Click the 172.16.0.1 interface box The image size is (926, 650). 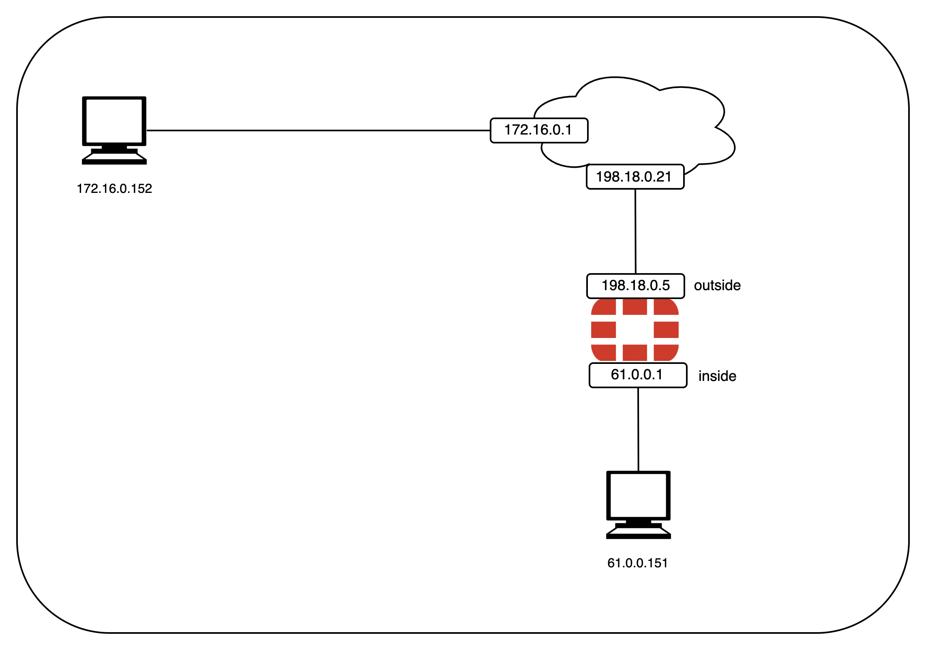click(x=539, y=130)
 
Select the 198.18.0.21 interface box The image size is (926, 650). click(x=635, y=177)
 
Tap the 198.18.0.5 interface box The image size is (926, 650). click(x=635, y=286)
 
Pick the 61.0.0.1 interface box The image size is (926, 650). click(x=638, y=375)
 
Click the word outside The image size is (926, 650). click(x=717, y=286)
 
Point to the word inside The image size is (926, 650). click(x=717, y=376)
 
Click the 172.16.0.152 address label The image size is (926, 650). click(x=114, y=189)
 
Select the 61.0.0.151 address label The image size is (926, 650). click(x=637, y=563)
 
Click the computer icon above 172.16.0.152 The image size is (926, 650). click(x=114, y=130)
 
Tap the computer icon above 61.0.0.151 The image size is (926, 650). click(x=638, y=505)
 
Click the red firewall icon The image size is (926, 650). click(x=635, y=330)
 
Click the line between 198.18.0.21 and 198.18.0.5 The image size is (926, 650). click(x=635, y=231)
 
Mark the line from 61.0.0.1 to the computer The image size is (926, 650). click(x=638, y=430)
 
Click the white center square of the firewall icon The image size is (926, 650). click(x=635, y=330)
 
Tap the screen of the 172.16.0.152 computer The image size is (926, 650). click(x=114, y=121)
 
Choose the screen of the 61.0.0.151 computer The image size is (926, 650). click(x=638, y=495)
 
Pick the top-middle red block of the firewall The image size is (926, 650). click(x=635, y=307)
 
